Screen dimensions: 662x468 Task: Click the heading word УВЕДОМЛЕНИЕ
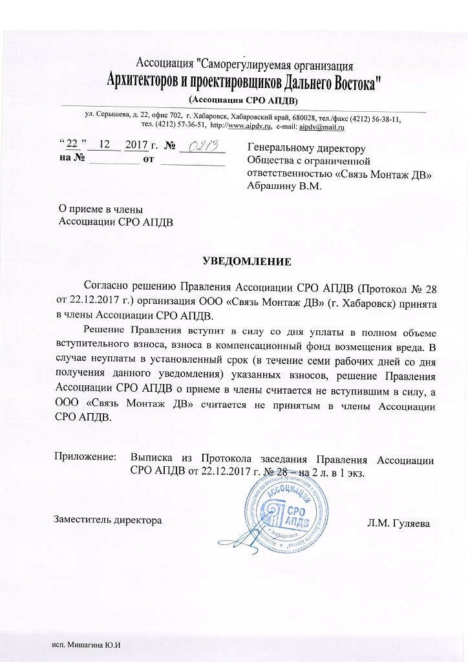click(x=248, y=262)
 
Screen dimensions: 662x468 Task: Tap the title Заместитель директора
click(x=107, y=519)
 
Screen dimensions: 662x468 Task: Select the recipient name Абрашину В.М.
click(x=284, y=186)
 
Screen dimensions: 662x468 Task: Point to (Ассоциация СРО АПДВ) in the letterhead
click(x=243, y=100)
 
